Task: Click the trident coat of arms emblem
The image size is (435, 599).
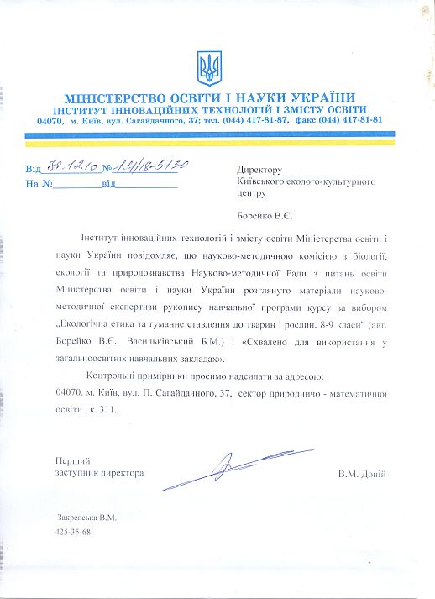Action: point(207,65)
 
